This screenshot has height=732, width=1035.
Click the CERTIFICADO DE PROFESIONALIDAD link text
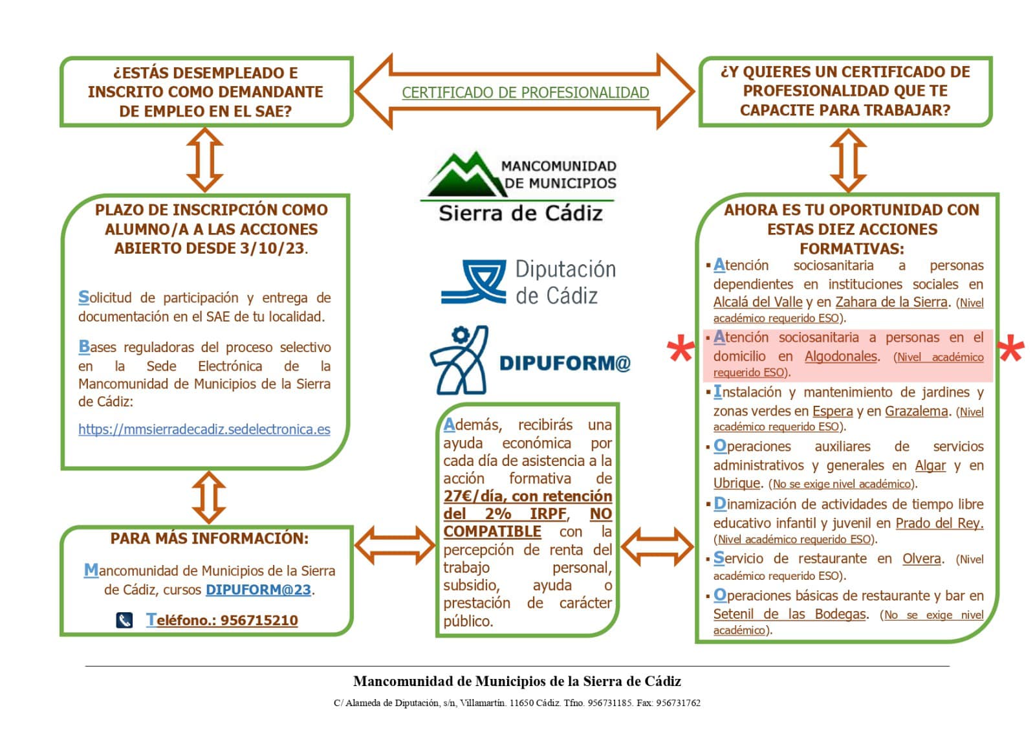pyautogui.click(x=525, y=93)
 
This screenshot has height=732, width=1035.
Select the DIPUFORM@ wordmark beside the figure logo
pyautogui.click(x=565, y=363)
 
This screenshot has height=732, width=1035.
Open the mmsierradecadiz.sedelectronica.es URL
pyautogui.click(x=204, y=429)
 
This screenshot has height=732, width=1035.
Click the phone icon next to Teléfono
pyautogui.click(x=124, y=620)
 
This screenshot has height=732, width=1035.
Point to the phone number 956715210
pyautogui.click(x=259, y=620)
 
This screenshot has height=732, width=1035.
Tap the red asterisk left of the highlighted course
pyautogui.click(x=681, y=350)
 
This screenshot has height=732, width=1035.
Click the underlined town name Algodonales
pyautogui.click(x=840, y=357)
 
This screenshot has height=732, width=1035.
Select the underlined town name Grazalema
pyautogui.click(x=916, y=411)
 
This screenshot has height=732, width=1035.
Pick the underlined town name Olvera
pyautogui.click(x=922, y=559)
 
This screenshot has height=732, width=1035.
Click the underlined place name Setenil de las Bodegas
pyautogui.click(x=789, y=614)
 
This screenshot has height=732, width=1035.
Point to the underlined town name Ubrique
pyautogui.click(x=737, y=483)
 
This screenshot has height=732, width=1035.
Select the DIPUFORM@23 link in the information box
pyautogui.click(x=258, y=590)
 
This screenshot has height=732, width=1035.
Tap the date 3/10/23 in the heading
pyautogui.click(x=272, y=249)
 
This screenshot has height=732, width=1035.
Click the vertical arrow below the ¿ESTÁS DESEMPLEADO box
pyautogui.click(x=205, y=160)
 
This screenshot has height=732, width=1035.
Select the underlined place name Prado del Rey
pyautogui.click(x=940, y=523)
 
